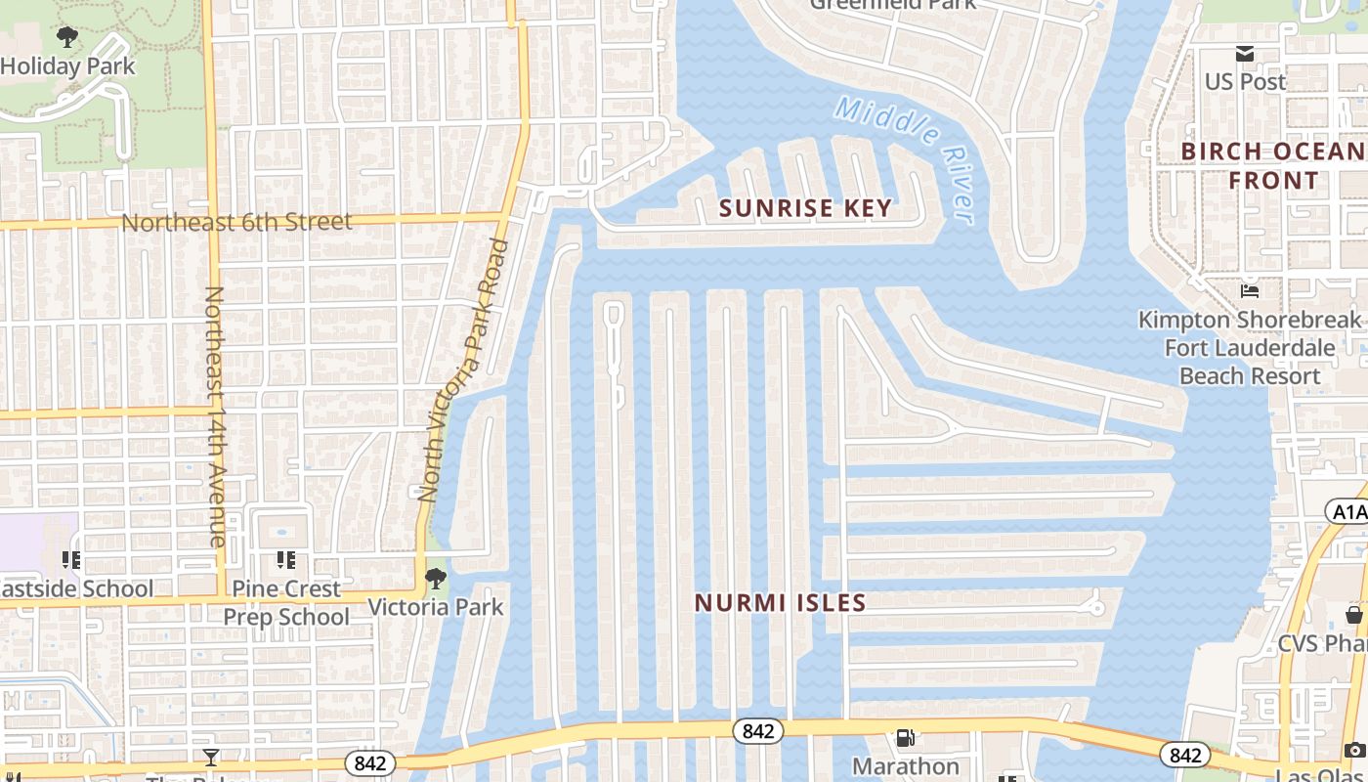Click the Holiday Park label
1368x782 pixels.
click(67, 66)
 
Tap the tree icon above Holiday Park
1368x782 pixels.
click(66, 38)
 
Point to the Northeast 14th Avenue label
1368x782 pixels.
click(216, 416)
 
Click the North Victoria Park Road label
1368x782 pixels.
click(464, 370)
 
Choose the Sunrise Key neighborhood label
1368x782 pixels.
click(806, 207)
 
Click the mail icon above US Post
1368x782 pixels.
click(1245, 54)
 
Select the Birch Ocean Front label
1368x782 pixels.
click(1273, 166)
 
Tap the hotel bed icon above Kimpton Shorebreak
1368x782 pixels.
click(1249, 290)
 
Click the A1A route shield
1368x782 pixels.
click(1346, 511)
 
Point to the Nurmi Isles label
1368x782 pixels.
click(781, 603)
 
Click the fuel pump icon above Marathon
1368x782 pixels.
click(906, 738)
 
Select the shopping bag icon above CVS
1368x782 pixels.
click(1354, 615)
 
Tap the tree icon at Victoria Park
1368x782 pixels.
click(436, 578)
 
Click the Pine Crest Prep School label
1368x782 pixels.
click(286, 602)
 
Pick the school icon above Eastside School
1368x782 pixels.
click(70, 560)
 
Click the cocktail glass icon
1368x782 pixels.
click(210, 757)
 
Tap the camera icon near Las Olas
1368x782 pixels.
click(1354, 750)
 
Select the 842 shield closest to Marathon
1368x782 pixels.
click(758, 731)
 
